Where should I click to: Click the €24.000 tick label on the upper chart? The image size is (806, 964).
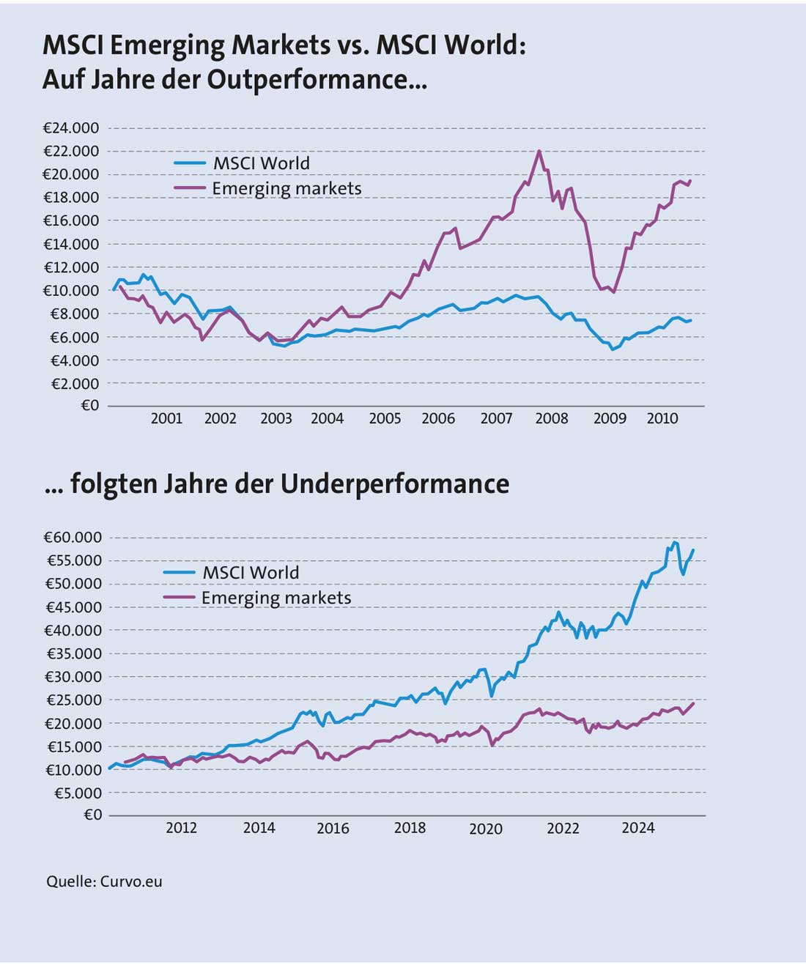tap(71, 128)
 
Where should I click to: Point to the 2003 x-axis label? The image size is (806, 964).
tap(276, 418)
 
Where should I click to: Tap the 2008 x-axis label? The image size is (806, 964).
tap(552, 418)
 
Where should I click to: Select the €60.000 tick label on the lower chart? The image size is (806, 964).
tap(73, 537)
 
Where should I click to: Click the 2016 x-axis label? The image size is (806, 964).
tap(333, 828)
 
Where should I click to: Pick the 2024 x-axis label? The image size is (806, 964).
tap(638, 828)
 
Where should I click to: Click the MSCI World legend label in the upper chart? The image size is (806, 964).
tap(261, 163)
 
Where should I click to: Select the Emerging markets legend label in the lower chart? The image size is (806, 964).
tap(276, 598)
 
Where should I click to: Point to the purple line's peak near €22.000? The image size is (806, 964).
tap(539, 151)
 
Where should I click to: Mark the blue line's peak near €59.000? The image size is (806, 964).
tap(675, 543)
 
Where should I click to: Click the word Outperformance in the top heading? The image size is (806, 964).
tap(309, 78)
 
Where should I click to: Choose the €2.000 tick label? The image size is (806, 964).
tap(75, 383)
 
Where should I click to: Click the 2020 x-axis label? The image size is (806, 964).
tap(486, 828)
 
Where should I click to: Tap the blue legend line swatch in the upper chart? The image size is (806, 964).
tap(190, 163)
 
